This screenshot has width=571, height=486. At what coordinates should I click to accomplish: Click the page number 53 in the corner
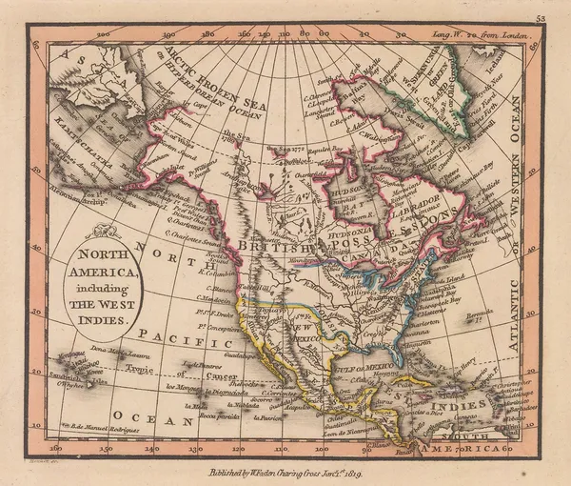tap(541, 17)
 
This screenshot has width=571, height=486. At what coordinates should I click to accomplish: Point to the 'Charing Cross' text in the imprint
tap(296, 472)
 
